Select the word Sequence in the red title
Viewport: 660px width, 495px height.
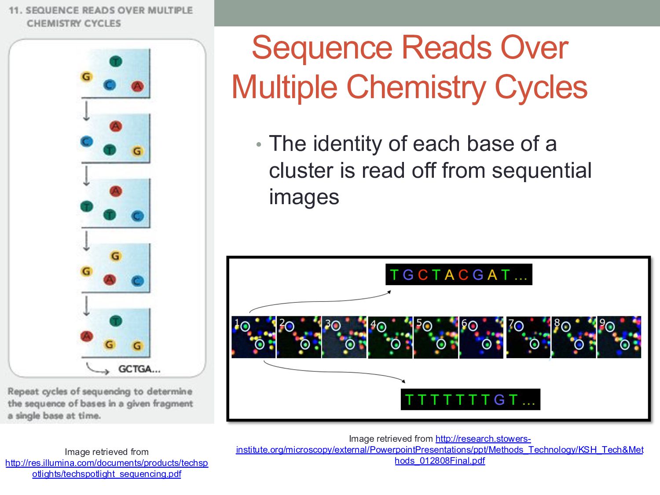tap(322, 48)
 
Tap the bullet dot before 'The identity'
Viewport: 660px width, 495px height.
tap(259, 144)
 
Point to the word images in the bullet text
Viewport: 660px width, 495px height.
tap(304, 197)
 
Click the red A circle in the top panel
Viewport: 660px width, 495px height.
tap(137, 86)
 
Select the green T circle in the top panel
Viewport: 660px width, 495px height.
tap(116, 62)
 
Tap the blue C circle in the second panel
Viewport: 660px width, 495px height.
tap(87, 142)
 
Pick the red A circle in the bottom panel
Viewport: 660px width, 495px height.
tap(87, 337)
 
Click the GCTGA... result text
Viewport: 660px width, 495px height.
tap(139, 369)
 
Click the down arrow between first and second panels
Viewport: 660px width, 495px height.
tap(87, 111)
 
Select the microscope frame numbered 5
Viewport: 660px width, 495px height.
tap(436, 337)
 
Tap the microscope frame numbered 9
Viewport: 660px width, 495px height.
tap(619, 337)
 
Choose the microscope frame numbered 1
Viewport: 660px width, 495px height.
tap(253, 337)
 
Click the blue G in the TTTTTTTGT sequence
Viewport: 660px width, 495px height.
tap(499, 400)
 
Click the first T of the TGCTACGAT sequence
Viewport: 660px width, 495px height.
tap(394, 275)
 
